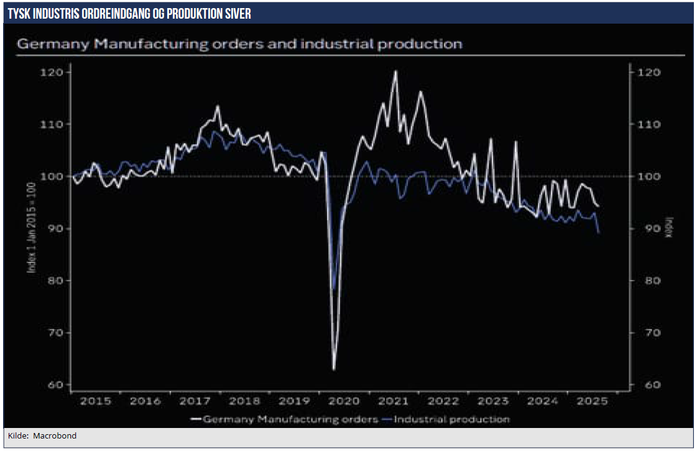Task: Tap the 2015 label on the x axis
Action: [96, 401]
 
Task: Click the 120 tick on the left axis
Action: [54, 73]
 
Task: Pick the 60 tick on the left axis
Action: [56, 385]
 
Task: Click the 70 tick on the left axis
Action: [56, 333]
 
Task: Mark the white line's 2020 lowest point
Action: [334, 370]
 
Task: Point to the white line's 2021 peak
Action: [395, 71]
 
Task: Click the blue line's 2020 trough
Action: [334, 289]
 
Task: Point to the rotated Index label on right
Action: [670, 227]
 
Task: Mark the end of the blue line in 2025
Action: [599, 233]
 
